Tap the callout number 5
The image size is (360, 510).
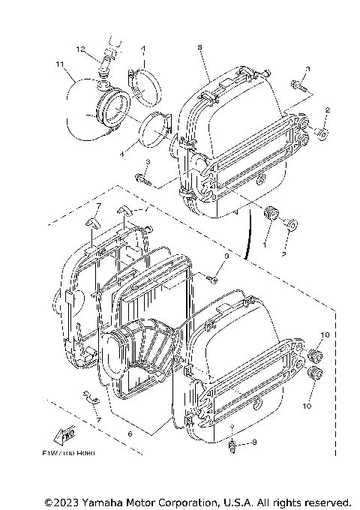200,46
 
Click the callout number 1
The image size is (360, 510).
264,244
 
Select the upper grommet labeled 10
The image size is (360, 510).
315,354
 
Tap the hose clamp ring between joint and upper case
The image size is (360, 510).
155,128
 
